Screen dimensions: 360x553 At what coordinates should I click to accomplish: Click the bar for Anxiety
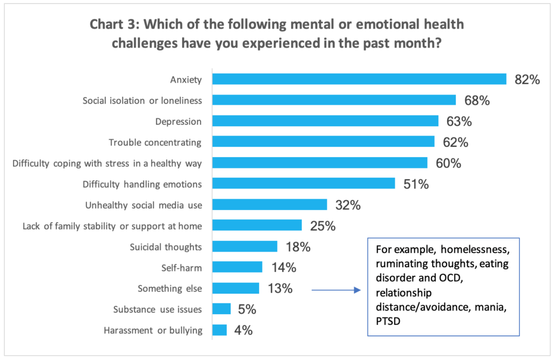[359, 79]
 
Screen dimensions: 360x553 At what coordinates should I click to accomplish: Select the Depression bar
[325, 121]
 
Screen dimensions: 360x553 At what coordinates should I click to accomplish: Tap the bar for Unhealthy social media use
[269, 205]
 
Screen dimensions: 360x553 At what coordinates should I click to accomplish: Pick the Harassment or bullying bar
[219, 330]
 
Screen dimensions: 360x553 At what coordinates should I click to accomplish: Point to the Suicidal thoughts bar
[245, 247]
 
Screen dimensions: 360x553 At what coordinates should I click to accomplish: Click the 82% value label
[527, 80]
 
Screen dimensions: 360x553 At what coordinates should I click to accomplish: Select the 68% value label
[477, 100]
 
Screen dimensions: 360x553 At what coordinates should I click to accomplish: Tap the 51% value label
[416, 184]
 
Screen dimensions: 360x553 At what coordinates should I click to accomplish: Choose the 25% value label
[322, 226]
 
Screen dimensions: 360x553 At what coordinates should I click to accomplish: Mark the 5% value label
[246, 309]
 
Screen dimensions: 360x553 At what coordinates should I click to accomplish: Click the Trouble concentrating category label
[155, 142]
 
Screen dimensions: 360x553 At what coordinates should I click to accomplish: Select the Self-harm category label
[184, 268]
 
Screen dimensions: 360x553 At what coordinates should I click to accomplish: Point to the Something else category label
[170, 289]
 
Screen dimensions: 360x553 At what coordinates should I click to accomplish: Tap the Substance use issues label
[158, 309]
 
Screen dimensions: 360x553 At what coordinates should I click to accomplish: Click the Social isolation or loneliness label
[142, 100]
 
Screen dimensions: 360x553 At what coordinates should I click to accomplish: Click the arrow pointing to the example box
[335, 290]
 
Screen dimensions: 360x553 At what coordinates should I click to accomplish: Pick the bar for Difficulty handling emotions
[304, 184]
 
